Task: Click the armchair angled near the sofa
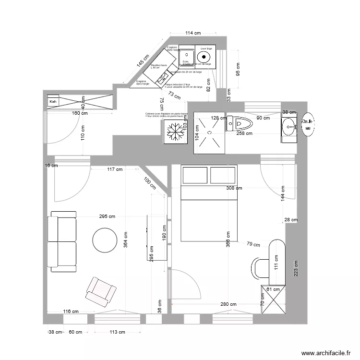(101, 291)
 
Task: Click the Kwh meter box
(52, 102)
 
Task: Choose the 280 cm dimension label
(228, 304)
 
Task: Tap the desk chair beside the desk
(260, 268)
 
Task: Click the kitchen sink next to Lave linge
(186, 54)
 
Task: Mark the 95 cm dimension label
(238, 71)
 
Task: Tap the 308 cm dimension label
(235, 189)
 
